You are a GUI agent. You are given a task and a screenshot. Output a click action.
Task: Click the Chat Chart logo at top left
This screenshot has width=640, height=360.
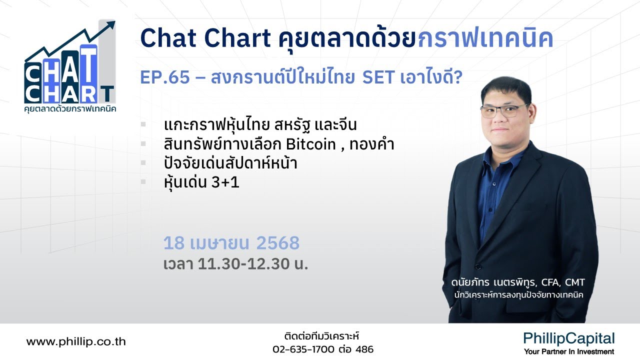coord(69,70)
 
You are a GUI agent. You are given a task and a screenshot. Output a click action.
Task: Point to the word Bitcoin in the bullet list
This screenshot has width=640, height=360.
coord(310,144)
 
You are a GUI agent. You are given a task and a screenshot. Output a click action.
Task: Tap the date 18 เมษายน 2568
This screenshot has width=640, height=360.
coord(231,243)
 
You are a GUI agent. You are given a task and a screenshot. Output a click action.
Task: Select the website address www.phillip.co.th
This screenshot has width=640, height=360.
coord(76,342)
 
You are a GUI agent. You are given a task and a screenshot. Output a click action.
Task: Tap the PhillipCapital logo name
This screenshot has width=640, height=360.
coord(569,338)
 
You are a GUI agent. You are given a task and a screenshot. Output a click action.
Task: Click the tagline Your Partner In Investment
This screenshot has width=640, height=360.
coord(569,352)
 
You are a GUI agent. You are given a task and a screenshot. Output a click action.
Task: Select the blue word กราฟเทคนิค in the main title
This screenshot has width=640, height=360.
coord(485,38)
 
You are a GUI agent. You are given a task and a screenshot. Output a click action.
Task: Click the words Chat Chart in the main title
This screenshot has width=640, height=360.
coord(205,38)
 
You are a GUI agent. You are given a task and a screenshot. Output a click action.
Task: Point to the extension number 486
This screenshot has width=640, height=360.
coord(364,349)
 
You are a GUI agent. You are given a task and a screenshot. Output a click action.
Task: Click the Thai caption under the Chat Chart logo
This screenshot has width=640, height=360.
coord(70,108)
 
